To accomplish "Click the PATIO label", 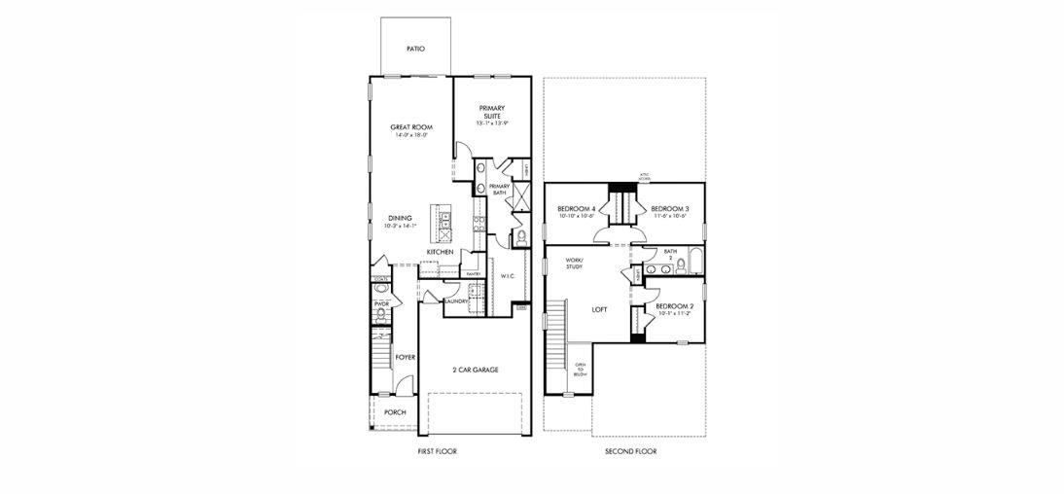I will (x=414, y=49).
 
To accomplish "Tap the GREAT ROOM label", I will (x=411, y=127).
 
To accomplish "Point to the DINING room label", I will (x=400, y=218).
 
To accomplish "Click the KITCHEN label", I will (x=440, y=252).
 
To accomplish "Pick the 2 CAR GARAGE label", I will (x=476, y=370).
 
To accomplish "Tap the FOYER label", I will (x=406, y=357).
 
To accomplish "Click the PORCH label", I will (x=395, y=412).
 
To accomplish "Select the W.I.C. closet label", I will (x=508, y=276).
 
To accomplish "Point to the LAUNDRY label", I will (x=456, y=301).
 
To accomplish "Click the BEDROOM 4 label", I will (x=576, y=209).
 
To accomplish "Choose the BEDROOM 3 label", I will (x=669, y=209).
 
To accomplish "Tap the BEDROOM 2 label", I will (x=675, y=306).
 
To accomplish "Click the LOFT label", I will (x=601, y=310).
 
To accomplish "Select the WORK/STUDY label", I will (x=574, y=264).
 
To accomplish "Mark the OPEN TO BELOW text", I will (x=580, y=370).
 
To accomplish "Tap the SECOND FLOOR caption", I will (x=631, y=452).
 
